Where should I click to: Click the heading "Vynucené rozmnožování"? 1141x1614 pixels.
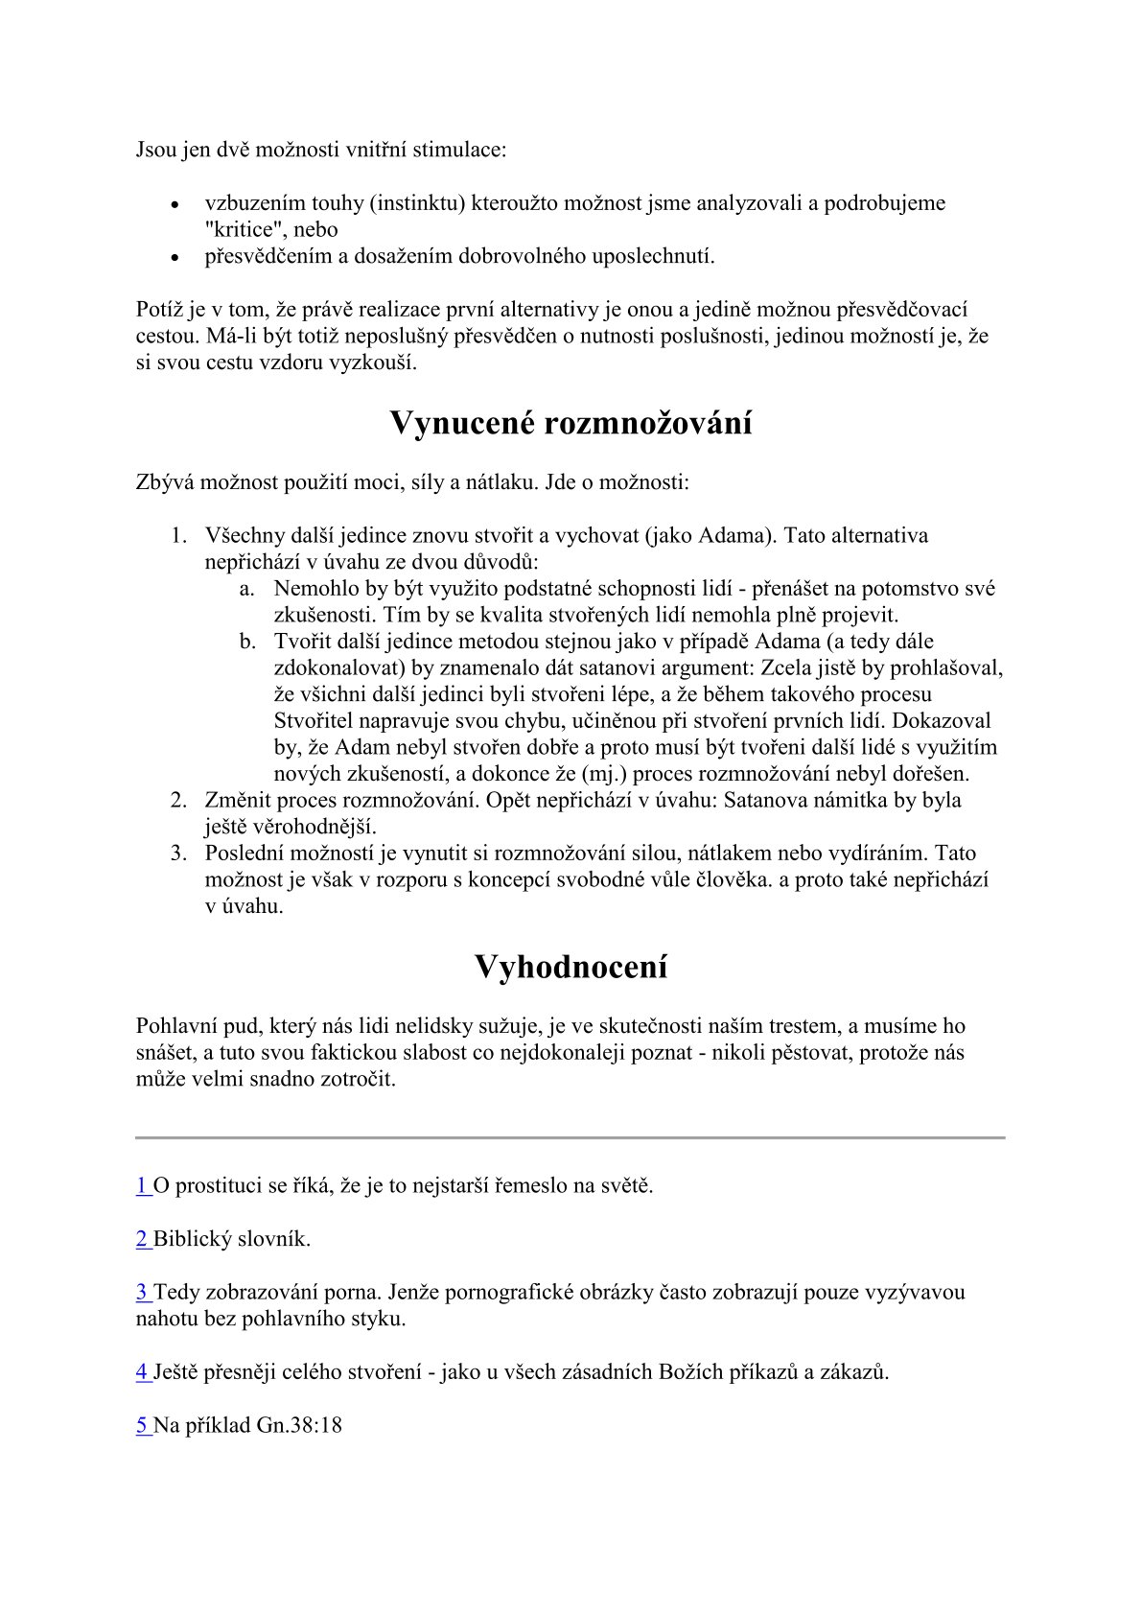(570, 424)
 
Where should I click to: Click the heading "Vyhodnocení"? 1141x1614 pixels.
(570, 967)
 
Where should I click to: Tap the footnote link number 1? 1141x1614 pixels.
(142, 1185)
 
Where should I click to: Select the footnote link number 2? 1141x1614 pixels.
(142, 1239)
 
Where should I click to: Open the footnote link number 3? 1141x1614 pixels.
(142, 1292)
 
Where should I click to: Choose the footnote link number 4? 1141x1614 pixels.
(142, 1371)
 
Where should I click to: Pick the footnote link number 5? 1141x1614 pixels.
(142, 1425)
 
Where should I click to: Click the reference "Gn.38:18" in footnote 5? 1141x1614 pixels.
(299, 1425)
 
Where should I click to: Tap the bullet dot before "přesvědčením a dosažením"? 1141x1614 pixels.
(175, 258)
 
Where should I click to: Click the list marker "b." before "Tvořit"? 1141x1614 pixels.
(247, 642)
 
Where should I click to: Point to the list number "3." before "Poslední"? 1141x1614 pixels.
(178, 854)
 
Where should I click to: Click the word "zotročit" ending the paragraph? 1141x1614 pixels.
(361, 1079)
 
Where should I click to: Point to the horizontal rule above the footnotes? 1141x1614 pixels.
(570, 1137)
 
